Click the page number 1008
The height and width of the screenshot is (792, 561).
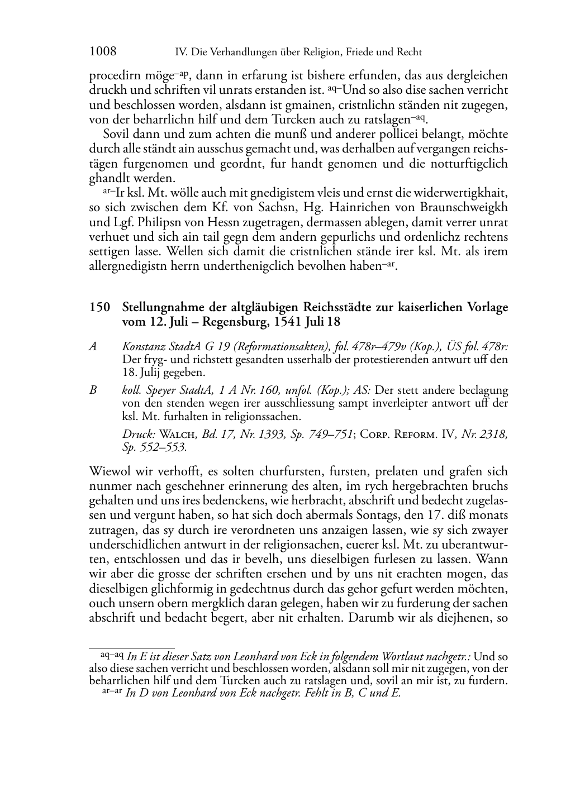tap(103, 52)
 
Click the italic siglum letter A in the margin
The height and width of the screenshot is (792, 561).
tap(93, 346)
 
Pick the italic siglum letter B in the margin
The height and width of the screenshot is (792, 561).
tap(93, 390)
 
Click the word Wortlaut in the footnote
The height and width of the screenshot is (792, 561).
tap(406, 656)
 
